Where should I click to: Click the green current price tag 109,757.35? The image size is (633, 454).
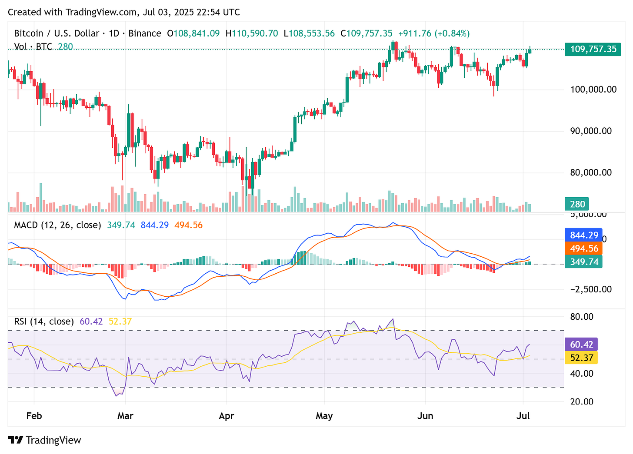point(593,49)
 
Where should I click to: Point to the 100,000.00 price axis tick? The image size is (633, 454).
point(593,89)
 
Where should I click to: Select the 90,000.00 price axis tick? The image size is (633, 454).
point(591,131)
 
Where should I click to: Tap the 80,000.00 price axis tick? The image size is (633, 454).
point(591,172)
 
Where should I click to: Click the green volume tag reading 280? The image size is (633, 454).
point(577,204)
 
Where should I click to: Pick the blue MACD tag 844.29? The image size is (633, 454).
point(584,235)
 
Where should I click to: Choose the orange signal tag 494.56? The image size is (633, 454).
point(584,249)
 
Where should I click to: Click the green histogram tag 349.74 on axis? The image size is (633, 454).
point(584,262)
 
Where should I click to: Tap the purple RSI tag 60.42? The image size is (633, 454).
point(581,345)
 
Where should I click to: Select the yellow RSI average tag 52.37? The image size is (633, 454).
point(581,358)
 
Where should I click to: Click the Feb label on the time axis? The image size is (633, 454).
point(34,416)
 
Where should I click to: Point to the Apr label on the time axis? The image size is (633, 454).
point(227,416)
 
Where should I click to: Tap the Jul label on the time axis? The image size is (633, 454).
point(523,416)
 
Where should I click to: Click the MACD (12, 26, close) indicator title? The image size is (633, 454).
point(57,225)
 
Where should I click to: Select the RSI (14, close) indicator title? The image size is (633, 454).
point(44,321)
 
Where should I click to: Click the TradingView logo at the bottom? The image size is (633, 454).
point(45,440)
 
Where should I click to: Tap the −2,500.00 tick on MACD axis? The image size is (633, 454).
point(591,289)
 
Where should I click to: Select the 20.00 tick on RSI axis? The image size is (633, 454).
point(582,401)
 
